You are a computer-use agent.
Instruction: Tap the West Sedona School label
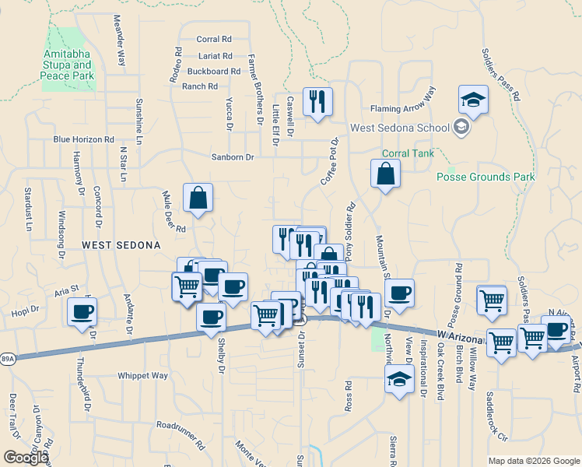coord(400,128)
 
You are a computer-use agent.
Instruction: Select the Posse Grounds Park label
coord(486,177)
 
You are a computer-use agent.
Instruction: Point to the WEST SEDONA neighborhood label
coord(121,244)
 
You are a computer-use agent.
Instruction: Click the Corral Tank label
coord(407,153)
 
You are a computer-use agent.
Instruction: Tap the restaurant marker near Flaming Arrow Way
coord(317,102)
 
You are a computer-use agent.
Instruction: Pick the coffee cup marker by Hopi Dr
coord(82,313)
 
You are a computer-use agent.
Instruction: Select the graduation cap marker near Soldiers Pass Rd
coord(472,100)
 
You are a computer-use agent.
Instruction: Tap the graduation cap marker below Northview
coord(399,379)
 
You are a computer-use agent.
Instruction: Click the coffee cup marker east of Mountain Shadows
coord(399,293)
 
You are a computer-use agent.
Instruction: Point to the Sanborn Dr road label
coord(233,157)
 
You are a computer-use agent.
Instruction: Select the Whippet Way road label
coord(142,375)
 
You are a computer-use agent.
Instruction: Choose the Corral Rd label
coord(214,39)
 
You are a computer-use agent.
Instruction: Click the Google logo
coord(26,458)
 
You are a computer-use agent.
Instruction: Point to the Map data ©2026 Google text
coord(534,460)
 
